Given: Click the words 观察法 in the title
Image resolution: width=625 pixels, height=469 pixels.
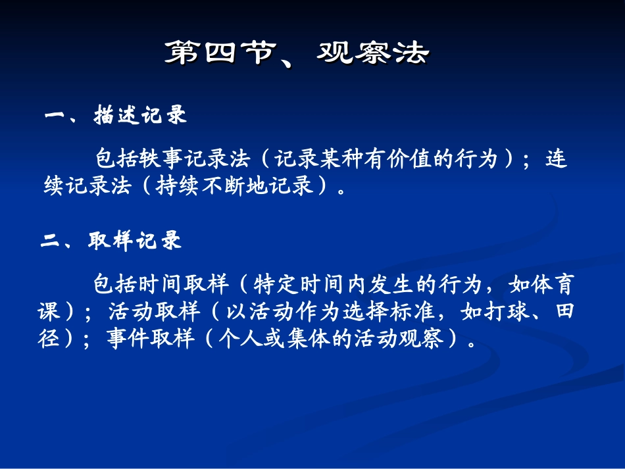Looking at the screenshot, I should coord(372,54).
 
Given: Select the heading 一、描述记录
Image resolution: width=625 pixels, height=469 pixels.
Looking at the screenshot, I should coord(116,116).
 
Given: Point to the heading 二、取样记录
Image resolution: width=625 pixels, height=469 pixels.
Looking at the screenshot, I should coord(112,241).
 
